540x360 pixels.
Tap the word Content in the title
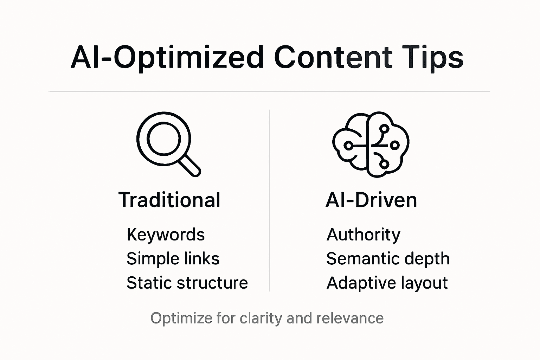pos(333,57)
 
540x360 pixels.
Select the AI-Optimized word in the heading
pos(167,57)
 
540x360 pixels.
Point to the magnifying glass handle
pos(189,166)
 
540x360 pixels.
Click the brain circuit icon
pos(371,144)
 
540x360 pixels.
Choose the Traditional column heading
pos(169,200)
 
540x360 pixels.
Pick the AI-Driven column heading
pos(371,200)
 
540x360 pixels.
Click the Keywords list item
pos(166,234)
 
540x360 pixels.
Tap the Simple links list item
pos(173,259)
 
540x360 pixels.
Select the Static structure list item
pos(187,283)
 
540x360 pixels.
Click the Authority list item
pos(363,234)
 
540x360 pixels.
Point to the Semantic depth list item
pos(388,259)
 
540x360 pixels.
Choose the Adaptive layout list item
pos(387,283)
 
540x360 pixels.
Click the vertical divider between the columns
pos(269,200)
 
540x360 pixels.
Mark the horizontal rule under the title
pos(269,91)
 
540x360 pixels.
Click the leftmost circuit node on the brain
pos(348,145)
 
